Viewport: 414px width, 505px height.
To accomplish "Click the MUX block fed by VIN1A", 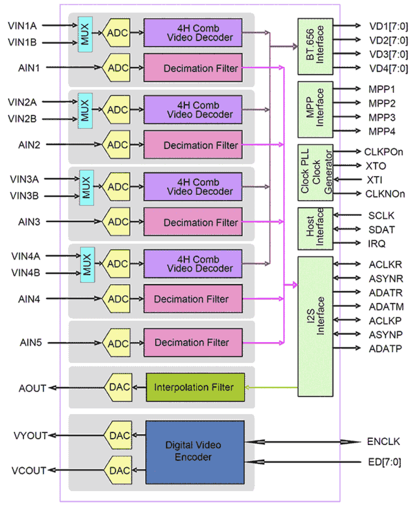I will pyautogui.click(x=85, y=34).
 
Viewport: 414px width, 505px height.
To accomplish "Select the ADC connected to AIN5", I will pyautogui.click(x=117, y=343).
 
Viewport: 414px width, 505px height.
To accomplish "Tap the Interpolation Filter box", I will pyautogui.click(x=195, y=387).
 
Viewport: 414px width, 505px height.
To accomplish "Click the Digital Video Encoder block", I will pyautogui.click(x=195, y=452).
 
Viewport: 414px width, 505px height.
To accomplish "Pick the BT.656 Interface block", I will pyautogui.click(x=315, y=46).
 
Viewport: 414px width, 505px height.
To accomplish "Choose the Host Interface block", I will pyautogui.click(x=315, y=228).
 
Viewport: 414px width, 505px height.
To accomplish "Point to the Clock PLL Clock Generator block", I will pyautogui.click(x=315, y=172).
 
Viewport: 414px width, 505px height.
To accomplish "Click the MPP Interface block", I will pyautogui.click(x=315, y=109).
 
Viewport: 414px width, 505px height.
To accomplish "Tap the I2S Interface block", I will pyautogui.click(x=315, y=326).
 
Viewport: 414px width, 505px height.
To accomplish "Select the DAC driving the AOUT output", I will pyautogui.click(x=119, y=387).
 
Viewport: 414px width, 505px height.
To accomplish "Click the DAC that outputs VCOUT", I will pyautogui.click(x=119, y=470).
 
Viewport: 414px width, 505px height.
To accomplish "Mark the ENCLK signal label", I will pyautogui.click(x=383, y=442).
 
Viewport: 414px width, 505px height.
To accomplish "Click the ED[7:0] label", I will pyautogui.click(x=384, y=462).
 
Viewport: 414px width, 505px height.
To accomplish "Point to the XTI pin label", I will pyautogui.click(x=374, y=180).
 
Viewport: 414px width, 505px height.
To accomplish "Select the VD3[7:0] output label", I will pyautogui.click(x=388, y=54).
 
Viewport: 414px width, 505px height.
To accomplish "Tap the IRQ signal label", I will pyautogui.click(x=376, y=244).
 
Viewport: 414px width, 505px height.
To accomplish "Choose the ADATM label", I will pyautogui.click(x=386, y=307).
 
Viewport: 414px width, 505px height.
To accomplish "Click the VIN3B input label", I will pyautogui.click(x=24, y=196).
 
